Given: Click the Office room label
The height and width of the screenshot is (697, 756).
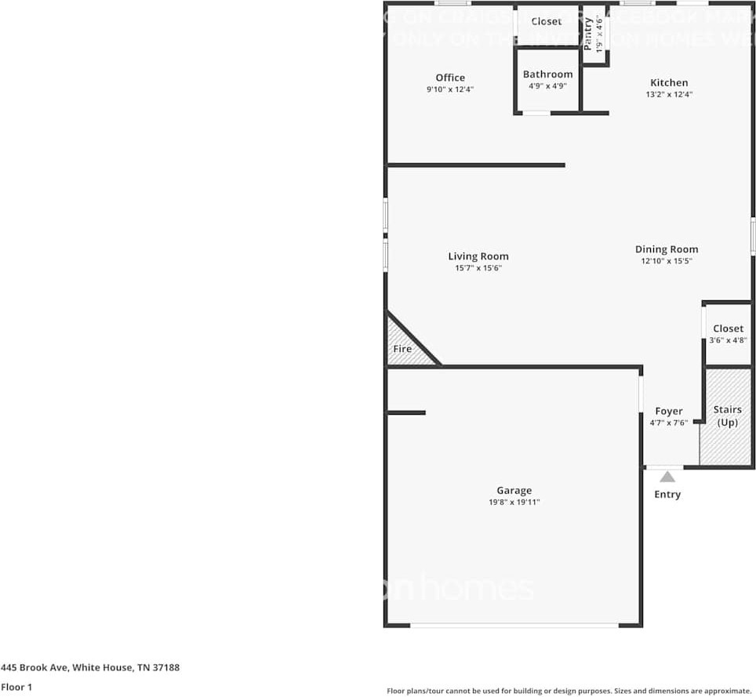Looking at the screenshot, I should point(450,78).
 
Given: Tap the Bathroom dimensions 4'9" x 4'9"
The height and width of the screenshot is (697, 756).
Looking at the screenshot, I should point(547,86).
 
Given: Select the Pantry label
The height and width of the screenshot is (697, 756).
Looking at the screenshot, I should point(588,33).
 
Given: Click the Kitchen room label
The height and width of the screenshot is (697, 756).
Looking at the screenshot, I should point(669,82).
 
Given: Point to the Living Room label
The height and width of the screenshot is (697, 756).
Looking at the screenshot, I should point(478,256).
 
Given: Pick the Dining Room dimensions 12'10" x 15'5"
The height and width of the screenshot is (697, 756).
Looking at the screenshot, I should point(667,261).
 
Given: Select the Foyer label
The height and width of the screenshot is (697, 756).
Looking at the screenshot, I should point(669,411).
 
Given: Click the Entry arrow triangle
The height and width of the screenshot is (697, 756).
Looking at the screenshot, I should point(667,476).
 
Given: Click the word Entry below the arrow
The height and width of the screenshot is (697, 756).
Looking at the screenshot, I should point(667,494).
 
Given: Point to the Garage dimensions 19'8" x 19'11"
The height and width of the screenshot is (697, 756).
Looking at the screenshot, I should point(514,502).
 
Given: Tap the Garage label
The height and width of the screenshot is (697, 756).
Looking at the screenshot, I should point(514,491).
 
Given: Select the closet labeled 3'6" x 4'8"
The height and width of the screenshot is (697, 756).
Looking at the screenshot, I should point(728,334).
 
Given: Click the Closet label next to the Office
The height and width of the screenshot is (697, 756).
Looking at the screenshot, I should point(546,21).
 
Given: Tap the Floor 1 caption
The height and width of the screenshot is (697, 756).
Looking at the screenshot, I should point(16,687).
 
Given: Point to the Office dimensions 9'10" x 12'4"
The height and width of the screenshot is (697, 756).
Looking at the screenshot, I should point(450,89).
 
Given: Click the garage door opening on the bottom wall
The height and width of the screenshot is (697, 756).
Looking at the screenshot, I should point(514,625).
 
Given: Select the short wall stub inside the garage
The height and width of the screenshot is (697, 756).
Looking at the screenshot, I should point(406,412).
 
